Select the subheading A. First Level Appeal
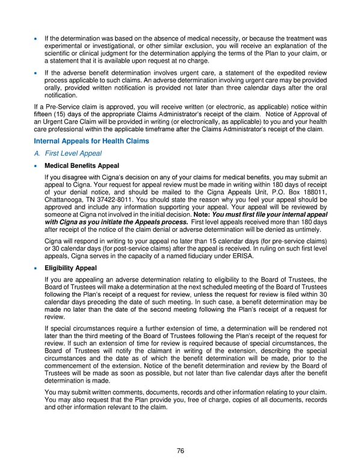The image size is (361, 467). point(67,153)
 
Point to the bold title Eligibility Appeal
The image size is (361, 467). point(72,267)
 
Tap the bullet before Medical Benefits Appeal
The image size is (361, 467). point(37,166)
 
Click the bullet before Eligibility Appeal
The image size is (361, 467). point(37,268)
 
